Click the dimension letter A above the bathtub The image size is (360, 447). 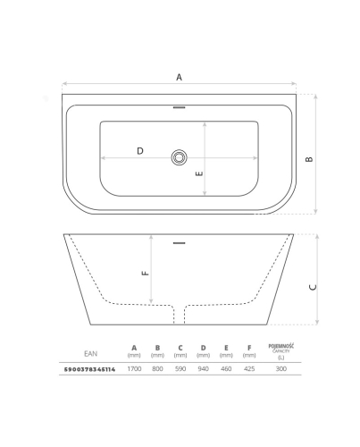pos(179,77)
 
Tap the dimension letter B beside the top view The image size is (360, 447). pos(309,159)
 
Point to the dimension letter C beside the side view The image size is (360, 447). pos(313,287)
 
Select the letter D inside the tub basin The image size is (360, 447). pos(140,151)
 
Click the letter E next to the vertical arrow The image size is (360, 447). pos(199,173)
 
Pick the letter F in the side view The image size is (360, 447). pos(146,273)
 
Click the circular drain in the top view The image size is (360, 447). pos(179,157)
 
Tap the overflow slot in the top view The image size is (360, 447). pos(179,107)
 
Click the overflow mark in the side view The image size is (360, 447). pos(179,243)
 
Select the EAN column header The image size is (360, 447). pos(90,353)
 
